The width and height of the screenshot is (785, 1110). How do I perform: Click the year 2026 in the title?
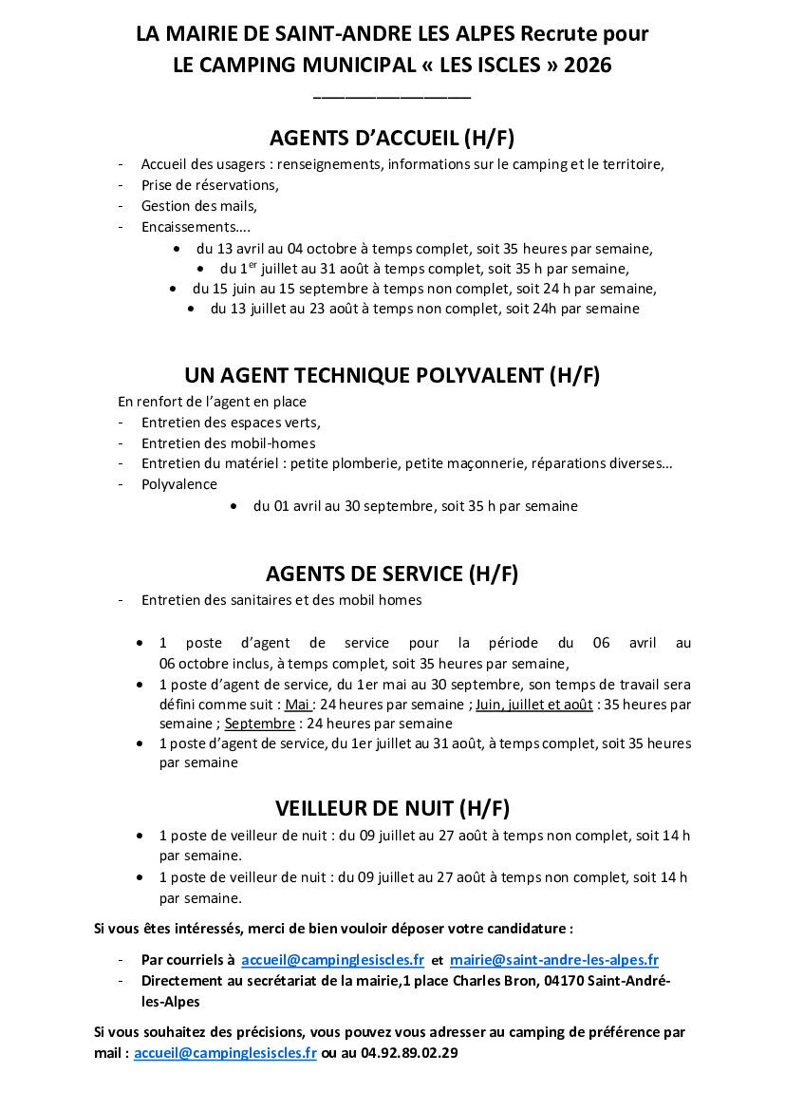click(x=588, y=66)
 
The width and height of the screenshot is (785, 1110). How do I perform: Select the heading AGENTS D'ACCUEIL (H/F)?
click(x=392, y=139)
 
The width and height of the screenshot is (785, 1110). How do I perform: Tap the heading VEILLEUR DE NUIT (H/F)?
click(x=392, y=809)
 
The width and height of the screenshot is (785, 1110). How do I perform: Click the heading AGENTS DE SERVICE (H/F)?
click(x=392, y=574)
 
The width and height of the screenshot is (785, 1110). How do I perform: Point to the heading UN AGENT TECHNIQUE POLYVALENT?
click(x=392, y=375)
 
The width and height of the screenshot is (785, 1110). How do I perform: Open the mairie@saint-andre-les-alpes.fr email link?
click(x=554, y=960)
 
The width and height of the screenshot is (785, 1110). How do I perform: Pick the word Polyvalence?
click(x=179, y=484)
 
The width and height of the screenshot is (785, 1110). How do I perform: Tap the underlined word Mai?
click(x=298, y=705)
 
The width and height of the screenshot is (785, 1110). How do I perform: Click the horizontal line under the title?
click(x=392, y=95)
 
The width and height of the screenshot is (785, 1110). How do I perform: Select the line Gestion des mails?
click(x=198, y=206)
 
